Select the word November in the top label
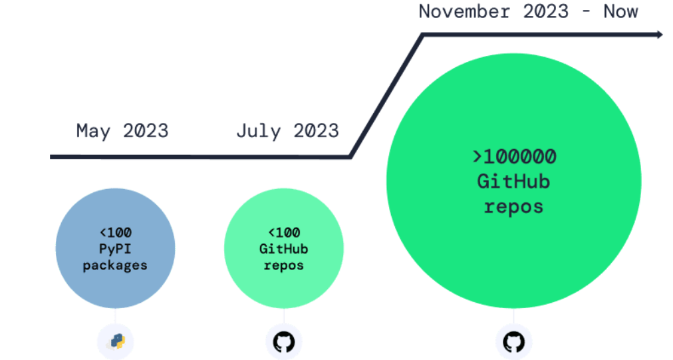[464, 11]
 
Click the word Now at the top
[620, 11]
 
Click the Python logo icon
[116, 342]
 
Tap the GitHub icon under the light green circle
[284, 342]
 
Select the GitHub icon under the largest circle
[514, 342]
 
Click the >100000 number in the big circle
[514, 157]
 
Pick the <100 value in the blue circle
[116, 233]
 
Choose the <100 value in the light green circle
[284, 233]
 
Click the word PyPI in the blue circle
[115, 249]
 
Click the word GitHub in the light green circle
[284, 249]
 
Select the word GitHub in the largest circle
[513, 182]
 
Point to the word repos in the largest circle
[513, 207]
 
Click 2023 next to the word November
[546, 11]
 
